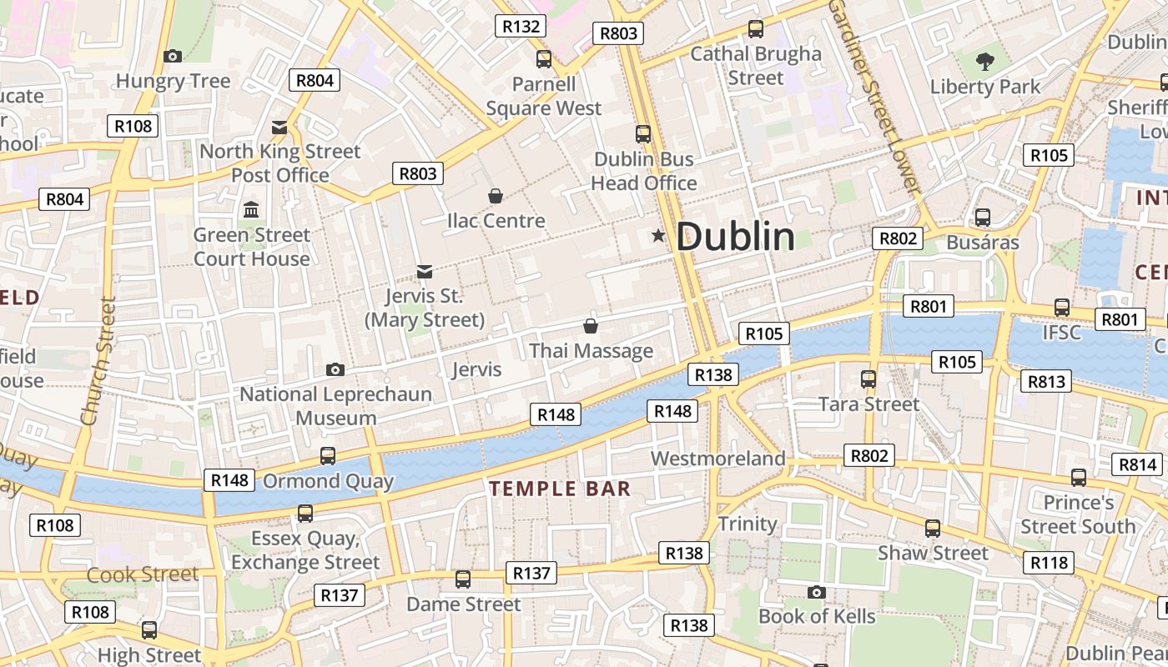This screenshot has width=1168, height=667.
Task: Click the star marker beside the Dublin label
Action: [x=658, y=237]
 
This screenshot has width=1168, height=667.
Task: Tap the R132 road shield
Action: [x=521, y=26]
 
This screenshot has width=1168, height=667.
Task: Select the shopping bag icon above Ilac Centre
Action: [x=496, y=196]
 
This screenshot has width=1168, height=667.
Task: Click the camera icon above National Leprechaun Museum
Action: [x=335, y=369]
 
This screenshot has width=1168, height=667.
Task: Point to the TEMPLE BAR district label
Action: [x=560, y=489]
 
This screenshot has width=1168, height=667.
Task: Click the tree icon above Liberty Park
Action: [x=985, y=61]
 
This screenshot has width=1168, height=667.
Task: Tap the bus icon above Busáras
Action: [x=983, y=218]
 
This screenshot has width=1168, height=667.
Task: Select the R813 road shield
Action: [x=1046, y=381]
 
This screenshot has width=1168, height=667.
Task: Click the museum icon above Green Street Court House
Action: [x=251, y=210]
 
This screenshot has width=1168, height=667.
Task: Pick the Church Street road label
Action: [x=98, y=362]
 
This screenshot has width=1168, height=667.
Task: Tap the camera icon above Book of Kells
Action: [x=817, y=592]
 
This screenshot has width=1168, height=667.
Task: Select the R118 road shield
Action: [x=1049, y=563]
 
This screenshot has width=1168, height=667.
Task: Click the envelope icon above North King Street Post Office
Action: [x=279, y=128]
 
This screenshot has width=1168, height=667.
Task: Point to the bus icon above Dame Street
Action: [x=463, y=579]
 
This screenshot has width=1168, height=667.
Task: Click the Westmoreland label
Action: [x=717, y=459]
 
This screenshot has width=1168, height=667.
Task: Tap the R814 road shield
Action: [x=1137, y=464]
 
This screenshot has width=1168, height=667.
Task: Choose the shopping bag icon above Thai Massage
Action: [x=591, y=326]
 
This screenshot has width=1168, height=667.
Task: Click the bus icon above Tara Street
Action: [x=868, y=379]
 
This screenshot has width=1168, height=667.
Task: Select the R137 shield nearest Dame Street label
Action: [x=531, y=573]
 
